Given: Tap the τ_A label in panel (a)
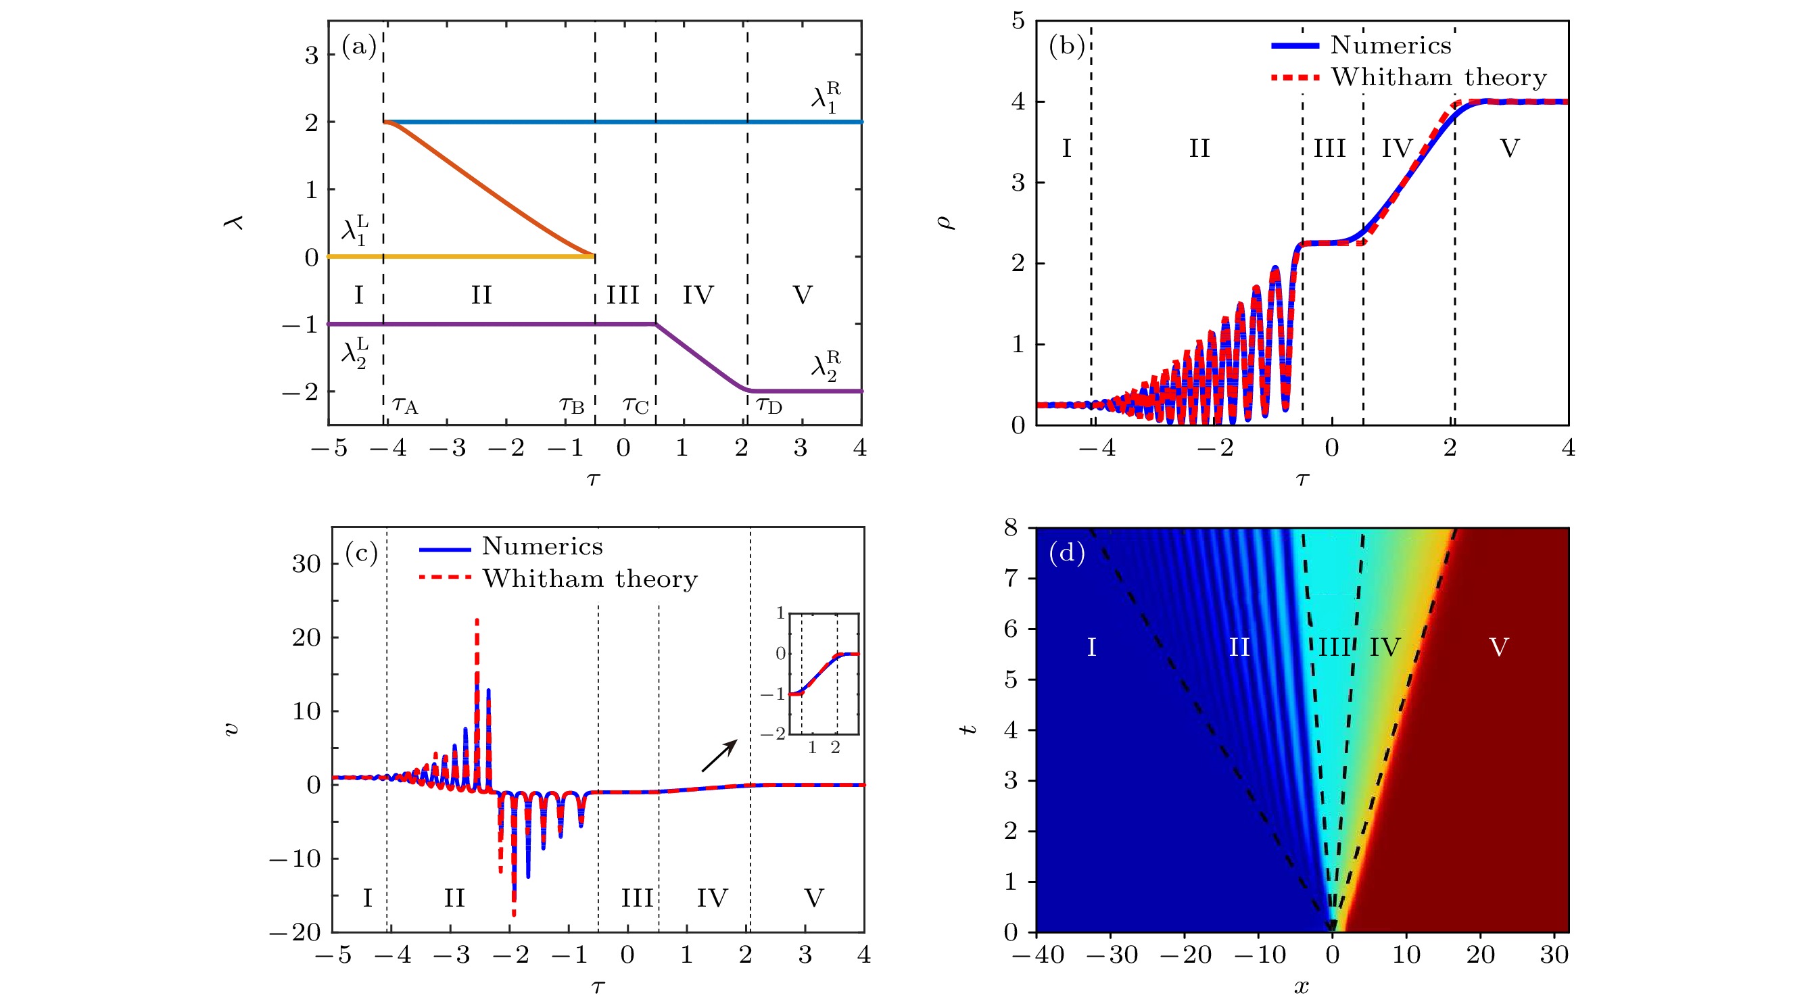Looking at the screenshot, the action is point(405,406).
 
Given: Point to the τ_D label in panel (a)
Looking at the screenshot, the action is point(769,406).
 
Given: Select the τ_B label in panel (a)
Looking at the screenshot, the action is point(572,406).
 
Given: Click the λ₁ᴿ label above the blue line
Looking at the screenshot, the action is point(826,97).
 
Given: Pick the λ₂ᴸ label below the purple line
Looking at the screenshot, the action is point(355,353).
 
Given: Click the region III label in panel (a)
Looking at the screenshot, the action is point(623,295).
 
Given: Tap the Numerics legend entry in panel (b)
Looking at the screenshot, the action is point(1361,45).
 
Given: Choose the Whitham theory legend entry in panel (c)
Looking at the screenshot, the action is point(558,578).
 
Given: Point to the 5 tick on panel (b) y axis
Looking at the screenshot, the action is point(1018,21).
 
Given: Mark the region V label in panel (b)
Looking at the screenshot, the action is point(1509,148).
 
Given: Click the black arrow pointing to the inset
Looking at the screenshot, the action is point(719,755).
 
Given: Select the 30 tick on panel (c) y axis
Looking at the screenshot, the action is point(306,563).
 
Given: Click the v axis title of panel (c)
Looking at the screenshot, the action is point(231,729).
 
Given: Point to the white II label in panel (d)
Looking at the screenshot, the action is point(1239,647).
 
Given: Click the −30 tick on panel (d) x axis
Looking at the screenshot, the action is point(1111,955).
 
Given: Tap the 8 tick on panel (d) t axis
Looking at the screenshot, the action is point(1010,527).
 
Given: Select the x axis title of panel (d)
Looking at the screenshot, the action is point(1302,987).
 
